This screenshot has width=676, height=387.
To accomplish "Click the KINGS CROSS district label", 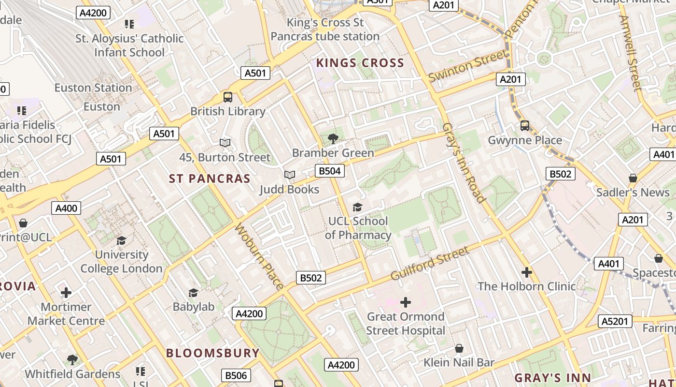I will click(360, 63).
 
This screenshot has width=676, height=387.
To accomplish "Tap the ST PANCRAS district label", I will click(210, 179).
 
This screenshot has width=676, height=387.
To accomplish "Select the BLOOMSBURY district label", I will click(213, 353).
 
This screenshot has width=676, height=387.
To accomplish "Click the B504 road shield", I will click(330, 171).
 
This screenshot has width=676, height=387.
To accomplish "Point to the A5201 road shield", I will click(615, 321).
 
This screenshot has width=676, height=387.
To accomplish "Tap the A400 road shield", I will click(66, 208).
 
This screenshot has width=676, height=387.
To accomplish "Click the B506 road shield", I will click(236, 375).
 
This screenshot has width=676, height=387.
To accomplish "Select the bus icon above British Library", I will click(228, 97).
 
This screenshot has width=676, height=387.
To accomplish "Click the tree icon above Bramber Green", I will click(333, 139).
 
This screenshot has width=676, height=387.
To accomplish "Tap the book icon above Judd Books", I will click(289, 175).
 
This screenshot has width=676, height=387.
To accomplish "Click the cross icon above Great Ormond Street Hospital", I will click(406, 302).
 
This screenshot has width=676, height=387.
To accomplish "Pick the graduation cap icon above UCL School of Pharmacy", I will click(357, 207).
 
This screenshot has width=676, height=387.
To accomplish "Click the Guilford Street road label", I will click(429, 264).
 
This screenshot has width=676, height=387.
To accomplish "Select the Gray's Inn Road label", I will click(463, 163).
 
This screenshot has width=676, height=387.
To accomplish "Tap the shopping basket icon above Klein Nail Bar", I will click(459, 348).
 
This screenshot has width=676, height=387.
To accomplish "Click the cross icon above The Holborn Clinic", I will click(526, 272).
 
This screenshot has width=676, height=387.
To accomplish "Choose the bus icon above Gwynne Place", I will click(525, 126).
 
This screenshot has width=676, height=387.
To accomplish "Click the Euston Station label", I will click(93, 88).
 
